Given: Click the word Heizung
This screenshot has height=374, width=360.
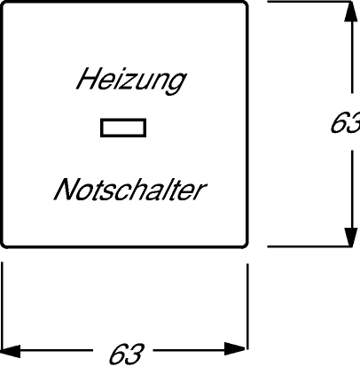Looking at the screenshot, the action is point(131,81).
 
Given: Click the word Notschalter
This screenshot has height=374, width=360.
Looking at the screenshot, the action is point(130,190).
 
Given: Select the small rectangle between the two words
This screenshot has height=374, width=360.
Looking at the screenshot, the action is point(123,128).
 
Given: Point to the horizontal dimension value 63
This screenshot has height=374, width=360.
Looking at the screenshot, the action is point(126,354).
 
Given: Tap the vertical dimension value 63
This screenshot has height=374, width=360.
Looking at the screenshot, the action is point(345,122).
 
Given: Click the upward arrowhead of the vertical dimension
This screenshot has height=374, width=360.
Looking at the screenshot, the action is point(351,12).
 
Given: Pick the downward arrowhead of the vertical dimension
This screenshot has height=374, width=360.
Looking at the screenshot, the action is point(351,237).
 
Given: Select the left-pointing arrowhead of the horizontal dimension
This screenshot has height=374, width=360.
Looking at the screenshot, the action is point(11,351).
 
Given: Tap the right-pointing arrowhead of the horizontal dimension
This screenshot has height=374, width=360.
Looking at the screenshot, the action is point(235,349).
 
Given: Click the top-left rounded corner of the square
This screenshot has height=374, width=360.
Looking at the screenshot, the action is point(4,4).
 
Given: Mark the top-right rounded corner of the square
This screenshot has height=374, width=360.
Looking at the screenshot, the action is point(245,4).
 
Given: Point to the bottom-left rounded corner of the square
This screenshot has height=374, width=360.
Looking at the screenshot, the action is point(4,245).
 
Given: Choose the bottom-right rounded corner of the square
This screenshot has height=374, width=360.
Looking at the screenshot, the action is point(245,245).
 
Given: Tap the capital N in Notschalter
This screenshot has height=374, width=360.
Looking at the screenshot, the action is point(66,190).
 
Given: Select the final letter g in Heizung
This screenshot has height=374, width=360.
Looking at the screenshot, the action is point(176,83).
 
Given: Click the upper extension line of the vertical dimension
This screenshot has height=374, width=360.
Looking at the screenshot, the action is point(310,2).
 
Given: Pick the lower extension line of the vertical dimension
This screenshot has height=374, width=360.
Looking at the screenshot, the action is point(310,246).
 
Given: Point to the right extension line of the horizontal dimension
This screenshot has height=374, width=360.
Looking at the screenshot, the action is point(247,307).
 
